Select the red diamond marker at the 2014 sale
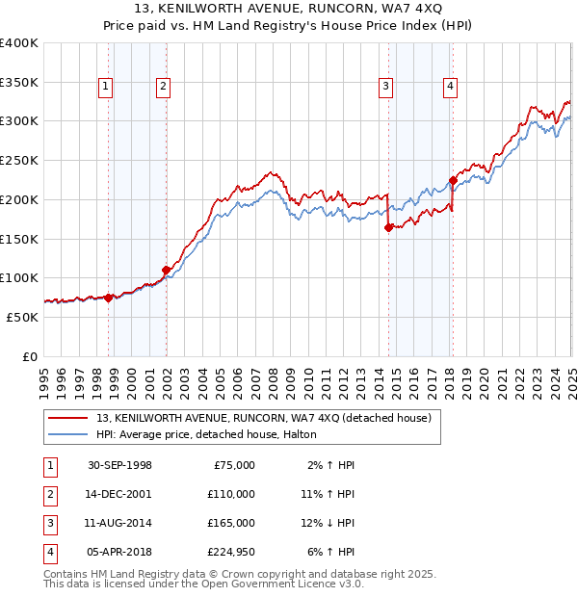[388, 228]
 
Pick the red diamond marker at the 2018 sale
[453, 180]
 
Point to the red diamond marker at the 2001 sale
[166, 271]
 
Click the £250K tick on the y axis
[19, 160]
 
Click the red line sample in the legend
[67, 418]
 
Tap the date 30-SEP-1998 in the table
[119, 465]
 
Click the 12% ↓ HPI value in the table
[328, 523]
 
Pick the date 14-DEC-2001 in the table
[119, 494]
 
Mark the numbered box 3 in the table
[49, 523]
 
